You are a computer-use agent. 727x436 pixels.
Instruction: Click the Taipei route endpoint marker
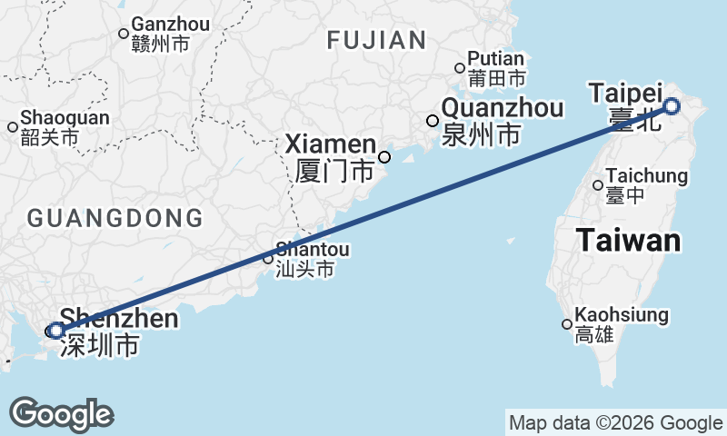coord(672,106)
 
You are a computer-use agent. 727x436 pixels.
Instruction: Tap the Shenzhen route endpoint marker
coord(55,331)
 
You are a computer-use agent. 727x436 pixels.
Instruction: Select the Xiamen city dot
coord(384,157)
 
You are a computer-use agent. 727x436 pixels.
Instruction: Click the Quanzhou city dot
coord(433,121)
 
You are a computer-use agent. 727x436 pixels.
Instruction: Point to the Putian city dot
coord(460,66)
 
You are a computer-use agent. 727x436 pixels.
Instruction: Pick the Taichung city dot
coord(598,185)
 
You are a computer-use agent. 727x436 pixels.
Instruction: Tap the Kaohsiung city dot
coord(567,324)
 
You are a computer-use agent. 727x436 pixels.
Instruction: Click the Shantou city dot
coord(268,259)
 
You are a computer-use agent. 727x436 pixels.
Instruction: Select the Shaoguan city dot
coord(13,127)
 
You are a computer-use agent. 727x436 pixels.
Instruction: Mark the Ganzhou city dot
coord(124,34)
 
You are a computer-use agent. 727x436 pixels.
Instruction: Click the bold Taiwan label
coord(628,241)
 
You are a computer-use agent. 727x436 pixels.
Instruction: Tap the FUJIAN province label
coord(376,40)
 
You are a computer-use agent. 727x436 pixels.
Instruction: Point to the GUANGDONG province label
coord(115,218)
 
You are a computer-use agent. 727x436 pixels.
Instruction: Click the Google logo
coord(61,414)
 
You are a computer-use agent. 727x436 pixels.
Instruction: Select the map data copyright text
coord(615,422)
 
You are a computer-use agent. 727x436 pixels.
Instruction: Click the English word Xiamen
coord(331,144)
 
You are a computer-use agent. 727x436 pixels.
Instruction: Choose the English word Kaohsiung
coord(622,315)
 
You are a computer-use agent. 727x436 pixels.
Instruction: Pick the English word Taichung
coord(646,176)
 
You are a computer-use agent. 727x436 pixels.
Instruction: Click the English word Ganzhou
coord(170,24)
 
